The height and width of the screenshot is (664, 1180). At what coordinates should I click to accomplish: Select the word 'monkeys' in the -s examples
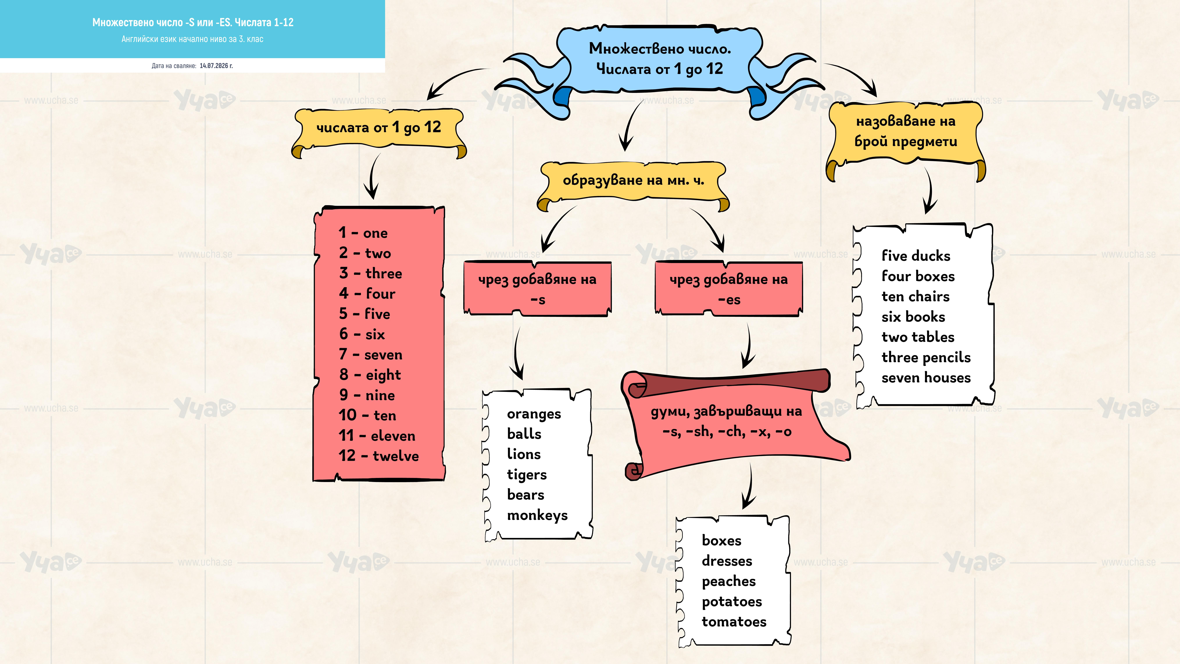coord(537,516)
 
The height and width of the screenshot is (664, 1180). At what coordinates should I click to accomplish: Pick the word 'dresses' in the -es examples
coord(727,561)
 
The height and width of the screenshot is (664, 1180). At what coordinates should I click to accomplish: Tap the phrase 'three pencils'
coord(926,357)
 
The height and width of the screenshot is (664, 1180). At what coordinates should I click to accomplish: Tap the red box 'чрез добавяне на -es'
coord(729,289)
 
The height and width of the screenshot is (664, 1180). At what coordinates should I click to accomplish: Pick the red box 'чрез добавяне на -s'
coord(537,289)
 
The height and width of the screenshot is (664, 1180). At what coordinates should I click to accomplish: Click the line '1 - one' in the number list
coord(363,233)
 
